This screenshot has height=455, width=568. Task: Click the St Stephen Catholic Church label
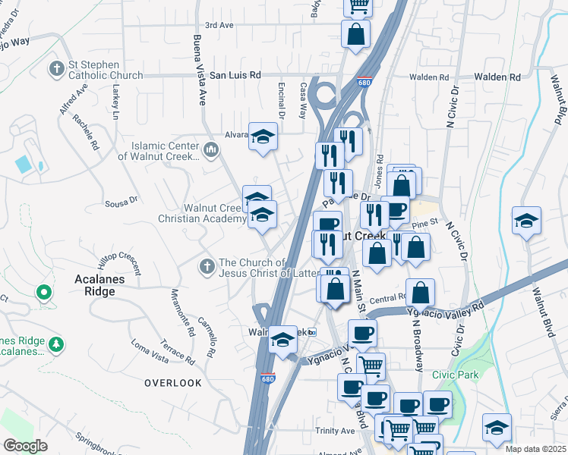[105, 70]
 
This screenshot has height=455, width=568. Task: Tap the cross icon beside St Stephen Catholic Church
[56, 70]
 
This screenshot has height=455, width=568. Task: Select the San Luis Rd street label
[235, 76]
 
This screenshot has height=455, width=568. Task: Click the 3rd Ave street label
[219, 25]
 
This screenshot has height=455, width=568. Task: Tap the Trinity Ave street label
[335, 431]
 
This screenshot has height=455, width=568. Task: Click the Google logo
[25, 446]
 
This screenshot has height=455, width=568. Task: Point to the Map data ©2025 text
[535, 450]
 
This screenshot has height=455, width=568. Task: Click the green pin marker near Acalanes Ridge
[44, 291]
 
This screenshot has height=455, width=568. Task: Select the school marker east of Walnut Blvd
[526, 221]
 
